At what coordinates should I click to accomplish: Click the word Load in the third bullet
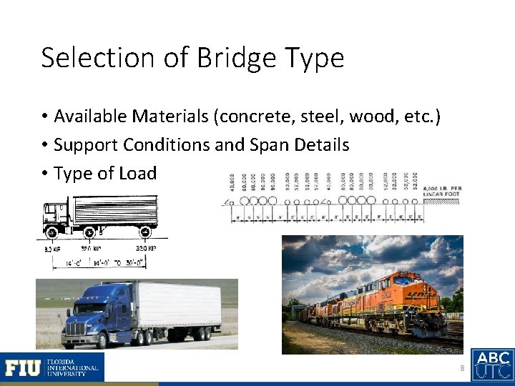139,173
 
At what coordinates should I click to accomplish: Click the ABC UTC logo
493,365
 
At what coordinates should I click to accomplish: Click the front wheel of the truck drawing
51,232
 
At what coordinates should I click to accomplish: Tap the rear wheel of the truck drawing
145,232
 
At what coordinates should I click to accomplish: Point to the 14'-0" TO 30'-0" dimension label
123,263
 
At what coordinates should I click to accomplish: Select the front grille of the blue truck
75,330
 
